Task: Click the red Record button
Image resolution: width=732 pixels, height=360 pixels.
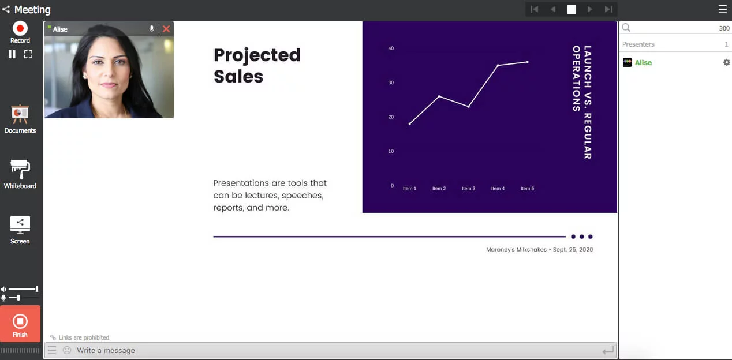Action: pyautogui.click(x=20, y=28)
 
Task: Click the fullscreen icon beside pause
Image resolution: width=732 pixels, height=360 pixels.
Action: pyautogui.click(x=28, y=54)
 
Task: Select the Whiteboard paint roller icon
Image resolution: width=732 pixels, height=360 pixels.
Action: pyautogui.click(x=20, y=170)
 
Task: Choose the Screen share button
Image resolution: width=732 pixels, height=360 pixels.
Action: pyautogui.click(x=20, y=224)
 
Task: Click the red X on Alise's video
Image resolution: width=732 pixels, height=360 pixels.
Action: pyautogui.click(x=166, y=29)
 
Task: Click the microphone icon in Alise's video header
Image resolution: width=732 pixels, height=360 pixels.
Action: pyautogui.click(x=152, y=29)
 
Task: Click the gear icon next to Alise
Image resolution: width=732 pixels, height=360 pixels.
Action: pyautogui.click(x=726, y=62)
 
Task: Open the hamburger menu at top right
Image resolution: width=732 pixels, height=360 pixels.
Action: pyautogui.click(x=723, y=9)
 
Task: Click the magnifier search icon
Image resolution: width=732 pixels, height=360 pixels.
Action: pyautogui.click(x=626, y=28)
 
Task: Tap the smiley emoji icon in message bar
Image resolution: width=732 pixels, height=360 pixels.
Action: pyautogui.click(x=67, y=350)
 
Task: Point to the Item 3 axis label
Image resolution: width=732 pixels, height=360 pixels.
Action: pyautogui.click(x=468, y=189)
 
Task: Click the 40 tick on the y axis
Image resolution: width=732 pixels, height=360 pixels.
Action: pyautogui.click(x=391, y=48)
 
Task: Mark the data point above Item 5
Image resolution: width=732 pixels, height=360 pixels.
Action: pyautogui.click(x=527, y=62)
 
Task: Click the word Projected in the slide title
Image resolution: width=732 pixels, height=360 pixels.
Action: pyautogui.click(x=257, y=55)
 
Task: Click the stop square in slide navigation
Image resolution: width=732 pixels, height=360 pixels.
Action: pyautogui.click(x=572, y=9)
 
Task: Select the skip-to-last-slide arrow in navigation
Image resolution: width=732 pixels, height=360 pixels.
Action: pyautogui.click(x=608, y=9)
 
